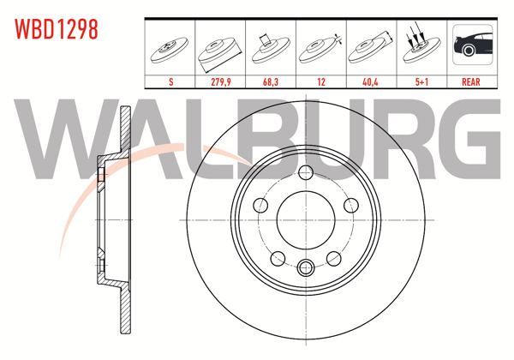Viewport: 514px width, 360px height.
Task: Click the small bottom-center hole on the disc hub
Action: pos(304,265)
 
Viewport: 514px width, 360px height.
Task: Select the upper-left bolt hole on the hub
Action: pos(259,205)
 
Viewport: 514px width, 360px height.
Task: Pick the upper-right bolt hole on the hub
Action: pos(350,205)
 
